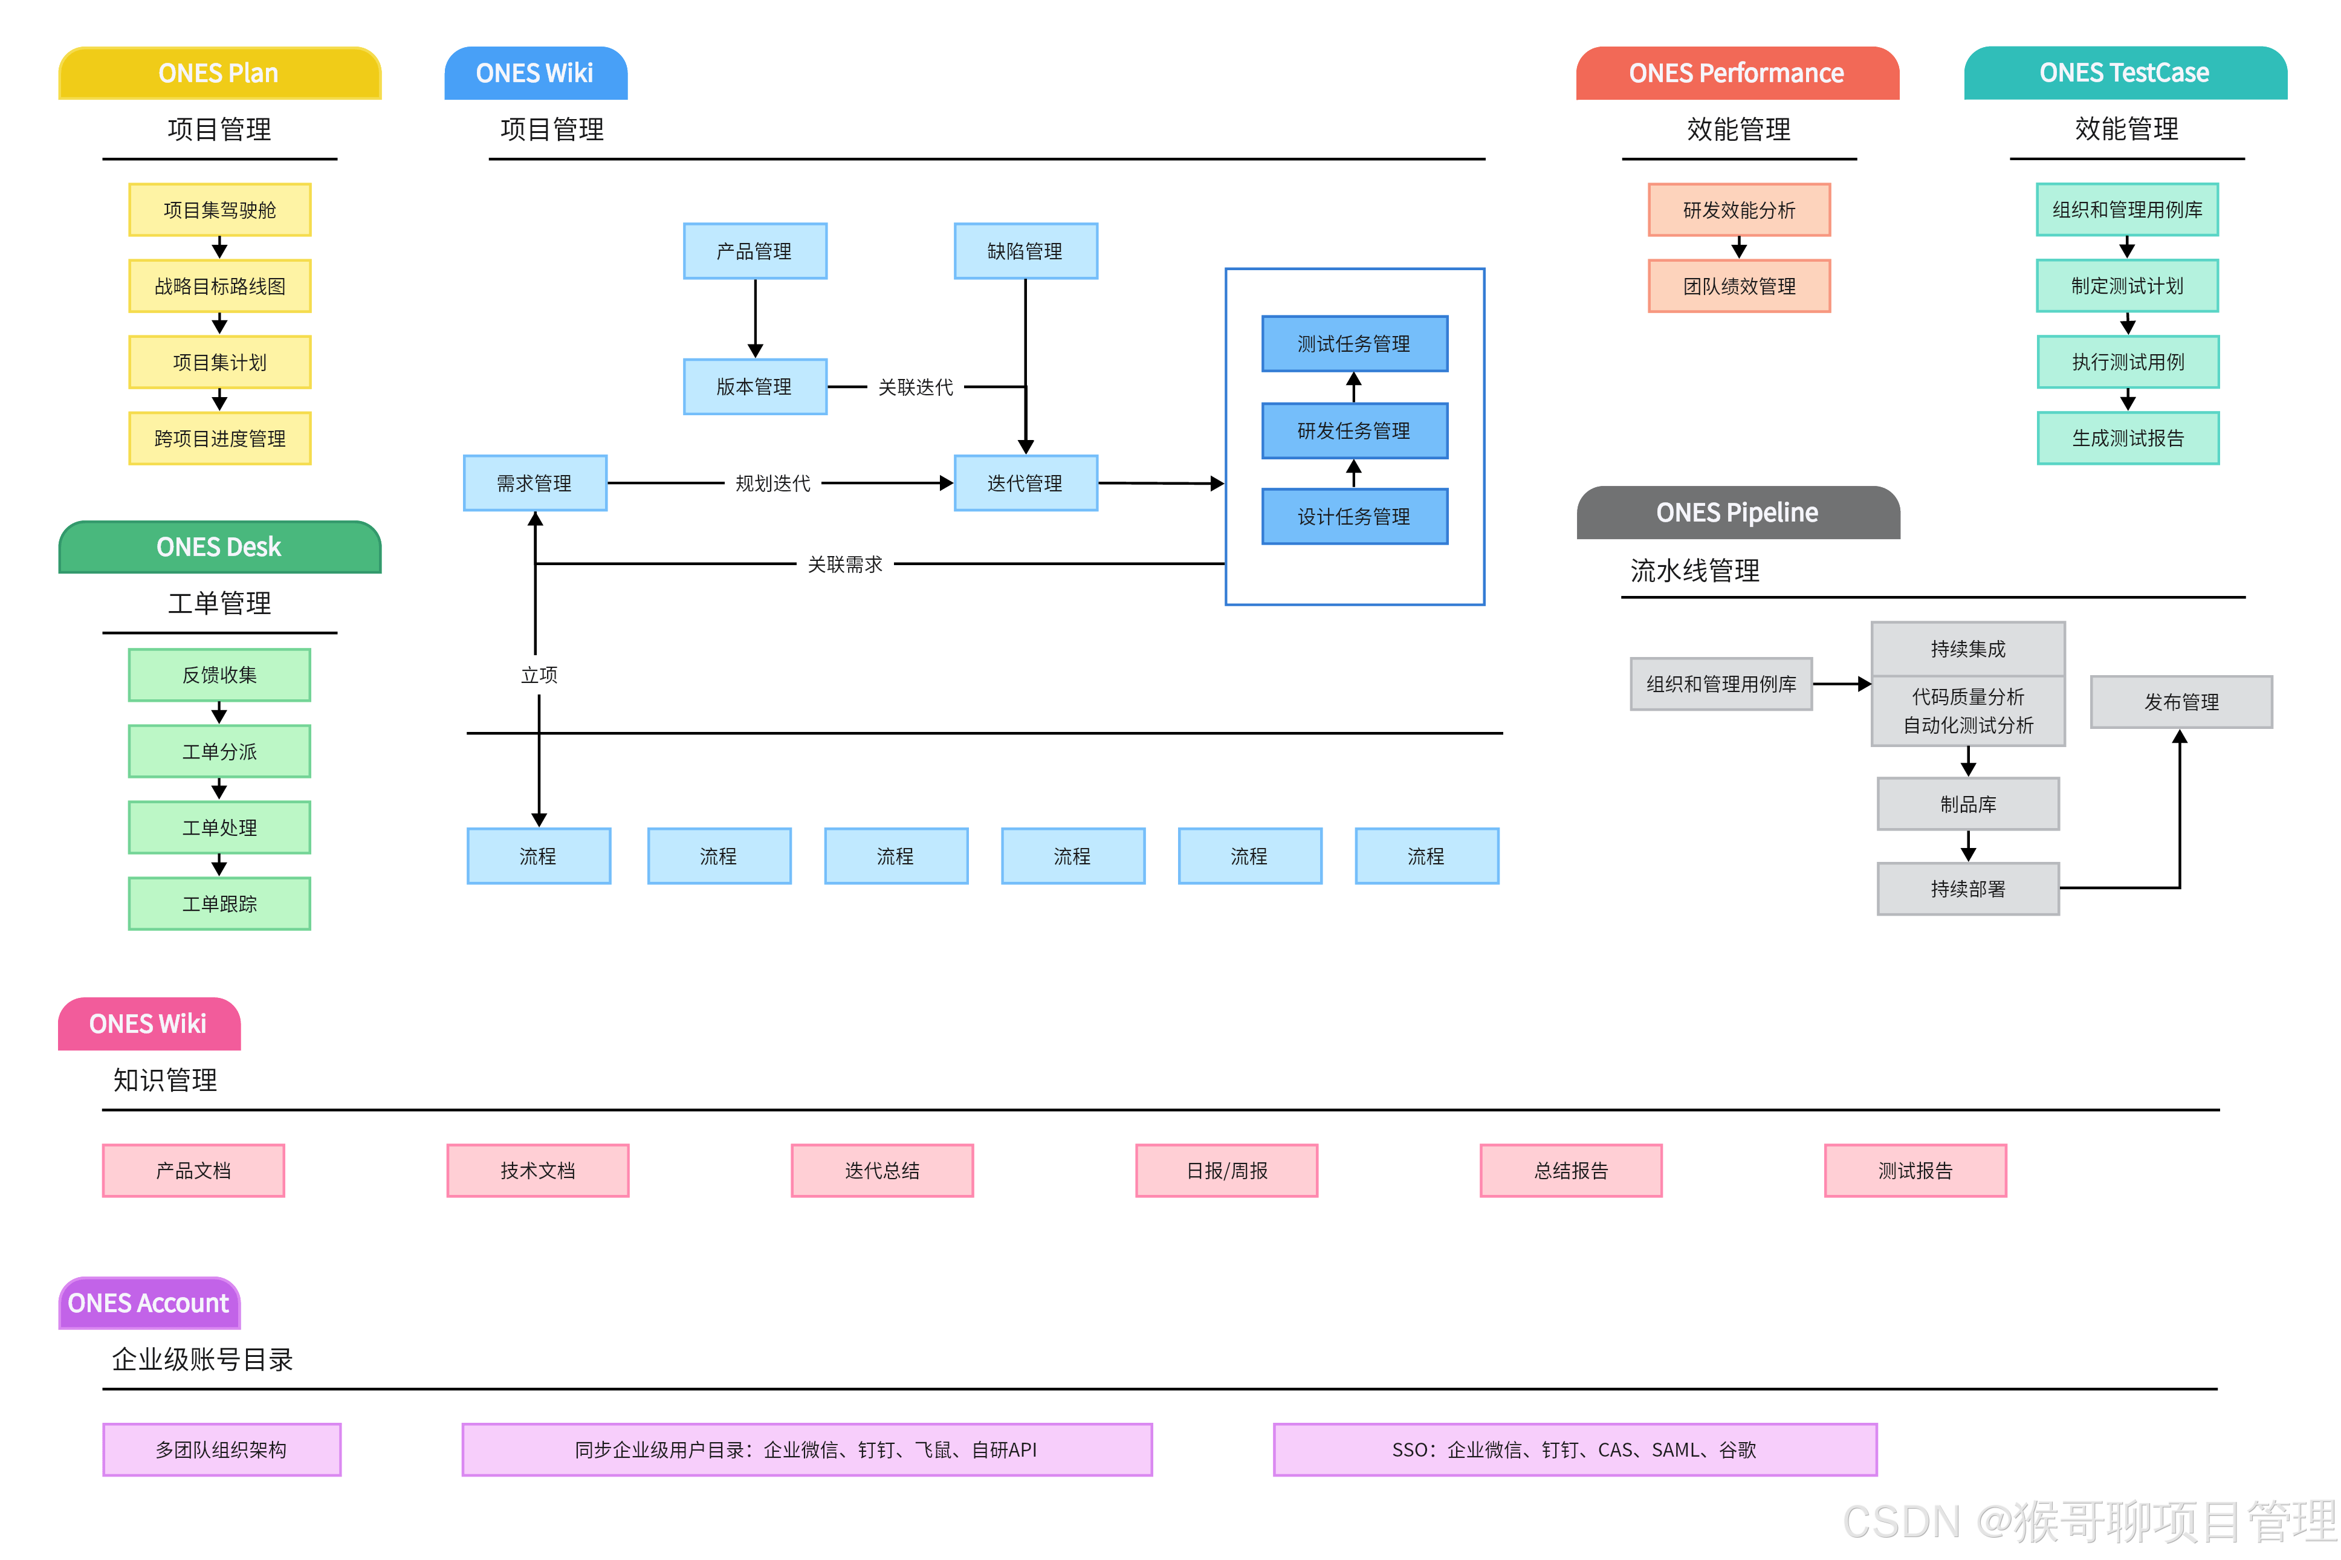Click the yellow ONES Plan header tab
(219, 73)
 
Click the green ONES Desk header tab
(219, 546)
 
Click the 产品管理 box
(754, 251)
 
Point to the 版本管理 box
(754, 386)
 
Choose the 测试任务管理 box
(1353, 343)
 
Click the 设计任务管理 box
(1353, 516)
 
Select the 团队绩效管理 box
(1738, 285)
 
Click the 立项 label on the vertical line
(539, 675)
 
